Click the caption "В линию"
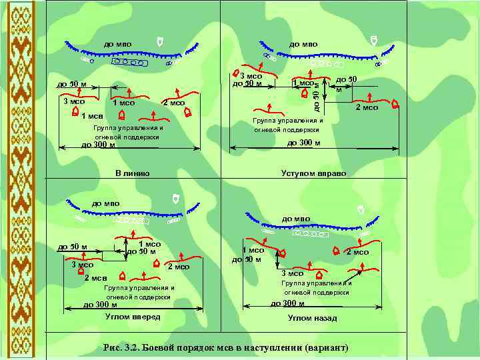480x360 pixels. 132,173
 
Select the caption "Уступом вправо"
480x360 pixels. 313,173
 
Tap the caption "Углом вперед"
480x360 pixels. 133,316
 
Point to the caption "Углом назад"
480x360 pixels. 313,318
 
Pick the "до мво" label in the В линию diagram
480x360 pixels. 117,44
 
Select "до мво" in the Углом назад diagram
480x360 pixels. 297,219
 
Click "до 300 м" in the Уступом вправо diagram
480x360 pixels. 303,142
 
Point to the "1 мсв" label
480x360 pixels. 91,117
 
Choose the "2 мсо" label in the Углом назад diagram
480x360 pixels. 357,252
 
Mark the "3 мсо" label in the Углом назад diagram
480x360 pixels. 292,273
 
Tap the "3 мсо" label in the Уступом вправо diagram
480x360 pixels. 251,76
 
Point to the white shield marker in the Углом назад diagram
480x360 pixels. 361,209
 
